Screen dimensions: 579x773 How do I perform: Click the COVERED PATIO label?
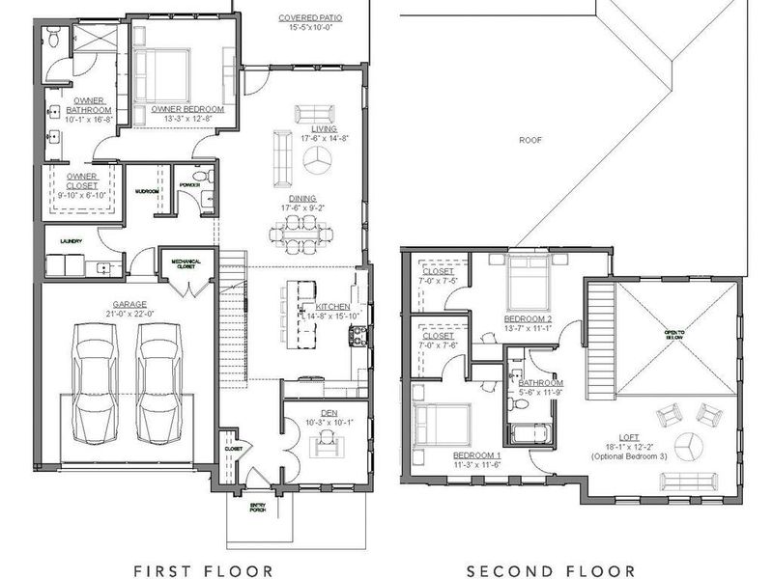(x=309, y=18)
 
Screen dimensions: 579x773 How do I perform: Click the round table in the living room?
(x=313, y=164)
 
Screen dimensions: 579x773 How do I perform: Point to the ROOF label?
(x=530, y=139)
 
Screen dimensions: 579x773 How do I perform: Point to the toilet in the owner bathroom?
(x=54, y=40)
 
